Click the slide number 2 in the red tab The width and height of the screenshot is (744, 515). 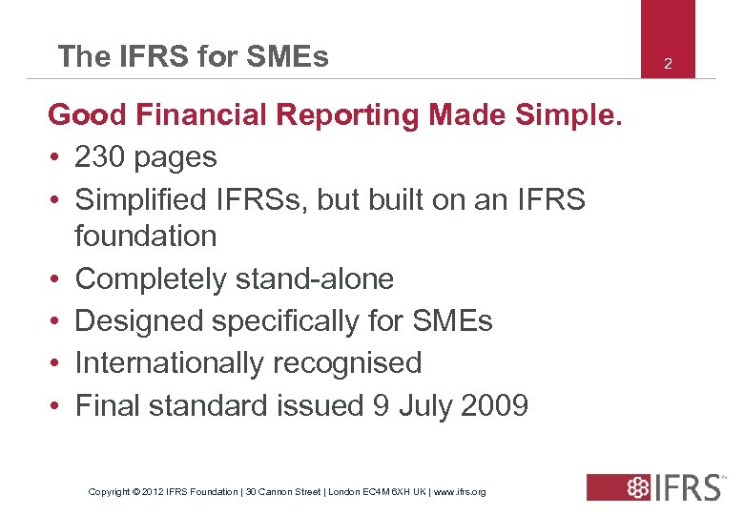point(668,64)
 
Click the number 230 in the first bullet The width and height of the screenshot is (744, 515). point(103,157)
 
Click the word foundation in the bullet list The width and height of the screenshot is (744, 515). point(146,236)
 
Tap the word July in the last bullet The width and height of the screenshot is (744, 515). point(420,405)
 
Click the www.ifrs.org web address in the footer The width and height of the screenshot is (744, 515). point(460,492)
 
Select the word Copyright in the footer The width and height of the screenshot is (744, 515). point(109,492)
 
